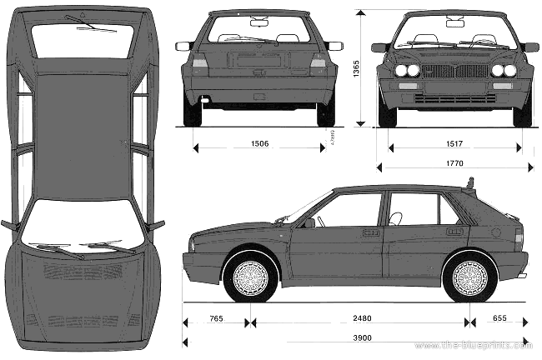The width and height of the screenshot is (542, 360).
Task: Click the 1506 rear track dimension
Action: [x=259, y=143]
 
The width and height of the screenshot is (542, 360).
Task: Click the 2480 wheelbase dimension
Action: [x=361, y=317]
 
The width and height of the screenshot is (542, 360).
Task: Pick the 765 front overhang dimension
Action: [x=216, y=317]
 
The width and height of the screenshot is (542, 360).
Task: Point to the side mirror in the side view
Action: [x=309, y=222]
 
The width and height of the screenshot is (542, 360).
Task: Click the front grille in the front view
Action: [x=454, y=71]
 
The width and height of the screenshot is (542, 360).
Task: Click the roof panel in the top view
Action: [x=82, y=125]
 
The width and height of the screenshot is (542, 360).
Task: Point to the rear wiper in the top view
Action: [x=97, y=28]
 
